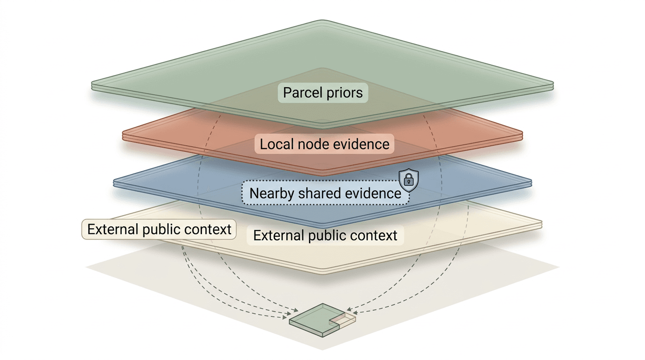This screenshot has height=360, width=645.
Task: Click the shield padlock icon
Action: (x=408, y=180)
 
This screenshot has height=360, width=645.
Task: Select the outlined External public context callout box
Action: (x=159, y=229)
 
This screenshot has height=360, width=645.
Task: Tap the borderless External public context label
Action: (x=325, y=235)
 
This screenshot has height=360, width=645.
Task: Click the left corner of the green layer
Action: (x=92, y=85)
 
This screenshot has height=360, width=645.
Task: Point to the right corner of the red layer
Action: (x=521, y=134)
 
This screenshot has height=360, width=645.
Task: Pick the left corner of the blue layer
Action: (x=114, y=183)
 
